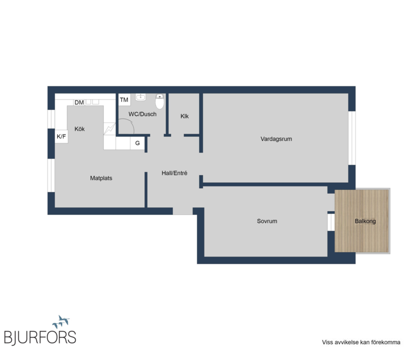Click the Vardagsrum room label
(276, 139)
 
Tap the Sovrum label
(267, 221)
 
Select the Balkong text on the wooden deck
(365, 221)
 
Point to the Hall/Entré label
(174, 173)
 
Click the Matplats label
(101, 178)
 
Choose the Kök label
(79, 129)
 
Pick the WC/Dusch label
(143, 114)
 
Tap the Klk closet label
(184, 116)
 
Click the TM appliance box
(124, 100)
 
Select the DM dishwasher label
(79, 102)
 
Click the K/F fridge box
(61, 136)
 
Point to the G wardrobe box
(137, 143)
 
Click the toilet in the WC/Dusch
(160, 101)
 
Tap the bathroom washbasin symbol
(141, 97)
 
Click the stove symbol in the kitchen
(109, 129)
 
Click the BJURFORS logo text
(40, 337)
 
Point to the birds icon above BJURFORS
(61, 322)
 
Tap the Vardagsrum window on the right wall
(352, 138)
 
